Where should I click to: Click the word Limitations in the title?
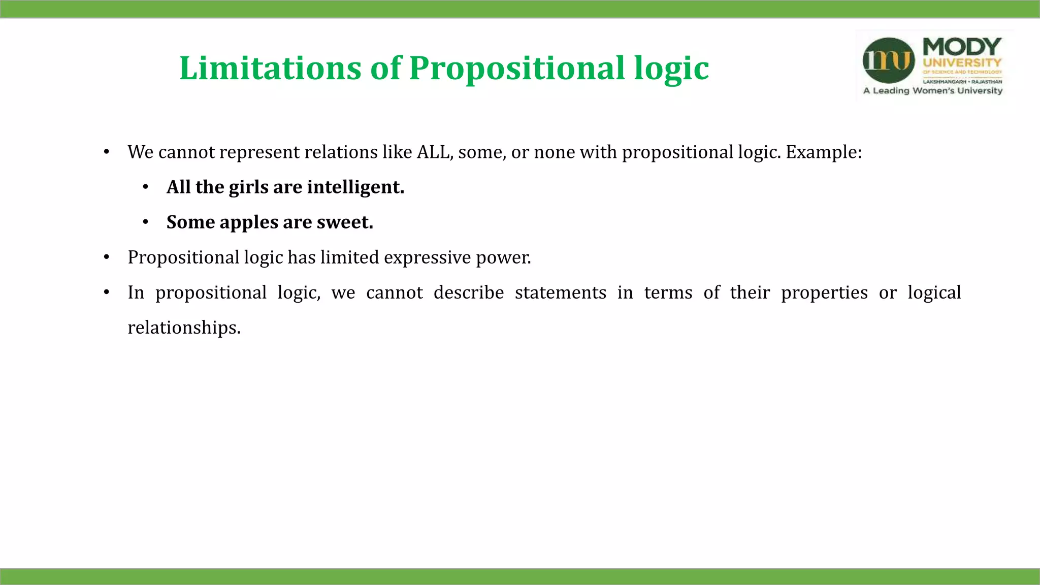click(270, 68)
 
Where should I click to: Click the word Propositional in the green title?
click(516, 68)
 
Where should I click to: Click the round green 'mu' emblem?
click(888, 60)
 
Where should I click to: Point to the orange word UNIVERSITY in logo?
click(962, 63)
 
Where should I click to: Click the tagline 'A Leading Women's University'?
click(932, 91)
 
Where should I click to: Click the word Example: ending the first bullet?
click(823, 152)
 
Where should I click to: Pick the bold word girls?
click(248, 187)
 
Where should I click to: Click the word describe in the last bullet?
click(468, 292)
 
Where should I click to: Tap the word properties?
click(824, 292)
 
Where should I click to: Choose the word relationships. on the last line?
click(184, 328)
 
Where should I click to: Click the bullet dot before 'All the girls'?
click(146, 187)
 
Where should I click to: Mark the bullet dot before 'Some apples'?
click(146, 222)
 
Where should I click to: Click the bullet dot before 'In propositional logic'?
click(107, 292)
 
